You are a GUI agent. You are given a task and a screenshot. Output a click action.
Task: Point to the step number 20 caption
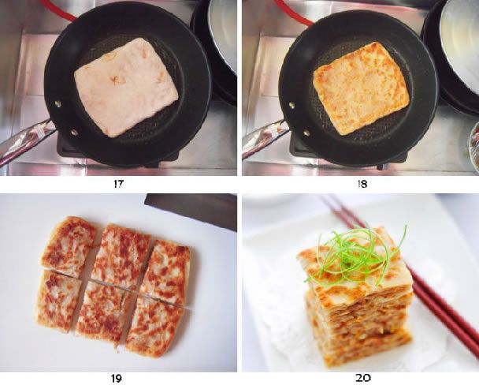pos(363,379)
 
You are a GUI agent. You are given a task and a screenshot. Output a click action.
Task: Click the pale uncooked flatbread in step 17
pos(126,85)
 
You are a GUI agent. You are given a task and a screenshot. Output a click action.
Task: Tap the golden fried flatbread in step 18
pos(361,87)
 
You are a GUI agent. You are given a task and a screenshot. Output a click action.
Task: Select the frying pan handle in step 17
pos(24,142)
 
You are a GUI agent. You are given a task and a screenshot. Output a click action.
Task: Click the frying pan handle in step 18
pos(264,140)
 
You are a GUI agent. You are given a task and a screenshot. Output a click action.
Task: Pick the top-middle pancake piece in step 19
pos(121,255)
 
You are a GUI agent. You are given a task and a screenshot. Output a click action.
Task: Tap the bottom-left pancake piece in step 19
pos(58,301)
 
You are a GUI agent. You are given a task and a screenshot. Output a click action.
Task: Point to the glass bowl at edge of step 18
pos(474,146)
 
